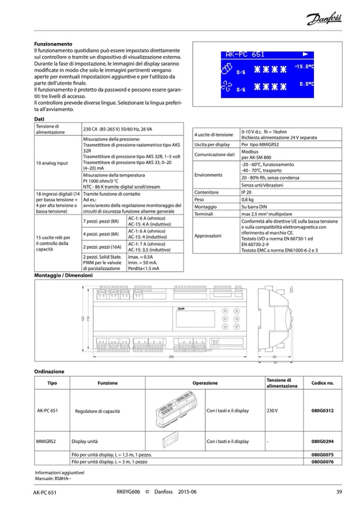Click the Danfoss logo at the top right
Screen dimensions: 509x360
324,20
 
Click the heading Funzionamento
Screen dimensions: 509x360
53,44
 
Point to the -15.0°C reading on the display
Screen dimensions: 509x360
305,67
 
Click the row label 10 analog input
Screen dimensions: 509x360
52,163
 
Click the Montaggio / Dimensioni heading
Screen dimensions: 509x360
64,276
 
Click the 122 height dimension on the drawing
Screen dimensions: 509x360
82,317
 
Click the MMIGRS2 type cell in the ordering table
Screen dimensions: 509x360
47,441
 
